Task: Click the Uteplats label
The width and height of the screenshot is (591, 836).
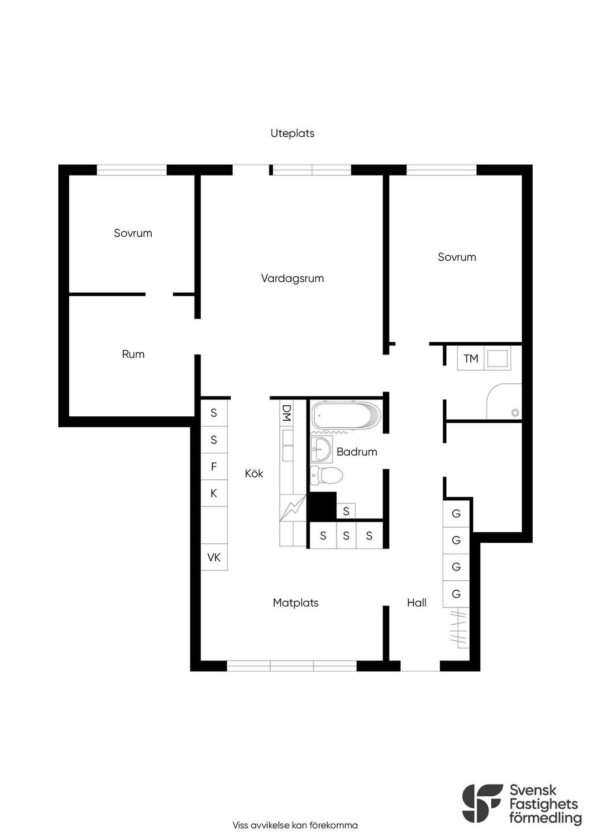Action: [292, 133]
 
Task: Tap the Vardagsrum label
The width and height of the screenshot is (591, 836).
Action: [292, 278]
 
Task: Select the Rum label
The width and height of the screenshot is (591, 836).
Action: [133, 354]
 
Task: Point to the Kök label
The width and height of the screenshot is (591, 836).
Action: [254, 473]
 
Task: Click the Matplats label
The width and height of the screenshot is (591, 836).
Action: [295, 603]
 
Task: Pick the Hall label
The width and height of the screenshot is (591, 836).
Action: [417, 603]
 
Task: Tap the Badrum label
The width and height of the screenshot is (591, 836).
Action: [357, 452]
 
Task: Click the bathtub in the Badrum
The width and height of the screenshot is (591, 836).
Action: [346, 415]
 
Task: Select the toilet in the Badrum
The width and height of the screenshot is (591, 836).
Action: [327, 476]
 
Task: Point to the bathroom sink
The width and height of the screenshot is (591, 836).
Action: [321, 449]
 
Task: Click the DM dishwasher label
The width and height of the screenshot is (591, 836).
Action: [286, 413]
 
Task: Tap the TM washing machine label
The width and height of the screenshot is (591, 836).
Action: [471, 359]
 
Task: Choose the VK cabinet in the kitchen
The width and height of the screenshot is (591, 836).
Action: [214, 557]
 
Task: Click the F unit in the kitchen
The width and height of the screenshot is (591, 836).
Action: [214, 466]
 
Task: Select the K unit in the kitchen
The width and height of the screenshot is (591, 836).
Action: [214, 494]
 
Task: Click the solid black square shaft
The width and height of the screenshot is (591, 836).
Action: [322, 506]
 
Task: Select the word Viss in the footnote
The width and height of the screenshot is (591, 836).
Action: [241, 825]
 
